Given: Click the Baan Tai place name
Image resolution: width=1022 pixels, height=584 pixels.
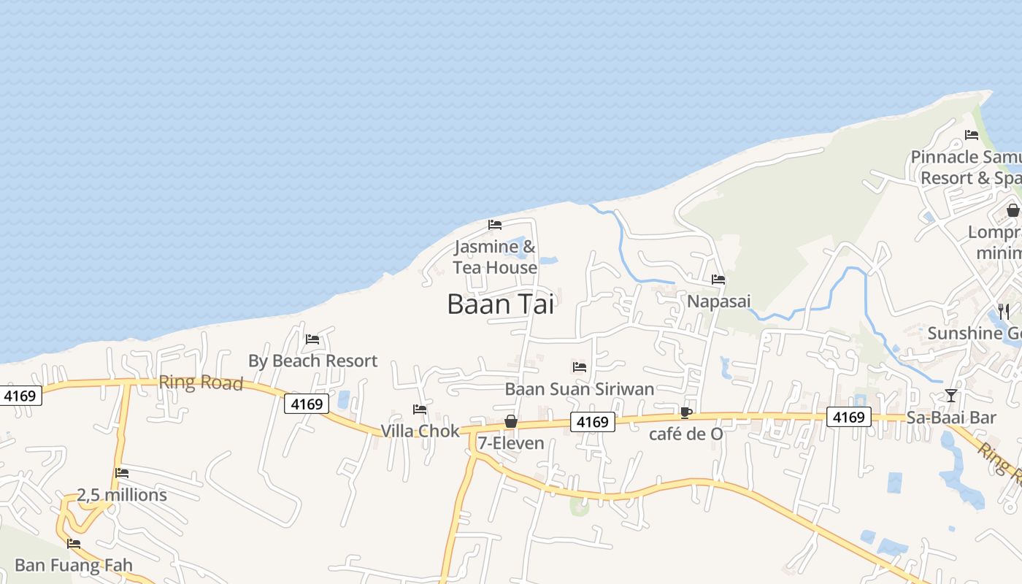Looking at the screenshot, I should point(501,304).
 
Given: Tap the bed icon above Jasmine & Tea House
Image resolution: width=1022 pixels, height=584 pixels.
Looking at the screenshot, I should point(495,224).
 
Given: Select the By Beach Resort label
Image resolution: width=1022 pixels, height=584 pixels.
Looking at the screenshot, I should point(312,361).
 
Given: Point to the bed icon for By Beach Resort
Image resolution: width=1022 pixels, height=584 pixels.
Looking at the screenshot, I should point(312,339).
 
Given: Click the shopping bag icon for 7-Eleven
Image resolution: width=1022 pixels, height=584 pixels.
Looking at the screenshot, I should point(511,421).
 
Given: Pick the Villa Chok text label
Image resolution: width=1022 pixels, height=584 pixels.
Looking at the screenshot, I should point(420,431).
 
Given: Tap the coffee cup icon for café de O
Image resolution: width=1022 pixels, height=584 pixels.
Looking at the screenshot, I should point(685,412).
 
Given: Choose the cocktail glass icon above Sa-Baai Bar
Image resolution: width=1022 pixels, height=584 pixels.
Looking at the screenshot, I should point(950,396).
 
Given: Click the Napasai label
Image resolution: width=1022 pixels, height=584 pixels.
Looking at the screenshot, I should point(719,301).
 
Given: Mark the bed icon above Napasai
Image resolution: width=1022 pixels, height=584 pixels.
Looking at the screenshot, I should point(718,279).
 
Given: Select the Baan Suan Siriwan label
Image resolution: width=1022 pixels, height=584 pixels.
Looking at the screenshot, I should point(580,388).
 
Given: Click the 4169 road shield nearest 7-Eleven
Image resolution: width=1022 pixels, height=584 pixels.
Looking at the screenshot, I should point(592,422).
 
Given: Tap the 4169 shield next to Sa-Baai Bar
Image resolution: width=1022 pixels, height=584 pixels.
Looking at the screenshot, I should point(849,417).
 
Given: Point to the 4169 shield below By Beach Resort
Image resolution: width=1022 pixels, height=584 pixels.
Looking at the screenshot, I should point(307,404).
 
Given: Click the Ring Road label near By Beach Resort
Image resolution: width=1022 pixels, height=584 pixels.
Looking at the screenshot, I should point(201,382).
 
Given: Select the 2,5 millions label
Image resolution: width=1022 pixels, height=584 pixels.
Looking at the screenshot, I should point(122,495).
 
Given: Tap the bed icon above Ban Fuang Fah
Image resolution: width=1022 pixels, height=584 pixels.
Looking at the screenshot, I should point(73,543).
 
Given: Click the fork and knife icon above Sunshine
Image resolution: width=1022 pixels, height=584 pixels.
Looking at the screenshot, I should point(1004,312).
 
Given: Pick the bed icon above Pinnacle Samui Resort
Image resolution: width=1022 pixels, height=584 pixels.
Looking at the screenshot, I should point(972,134).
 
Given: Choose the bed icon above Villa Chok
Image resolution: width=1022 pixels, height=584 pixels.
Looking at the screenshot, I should point(420,410).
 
